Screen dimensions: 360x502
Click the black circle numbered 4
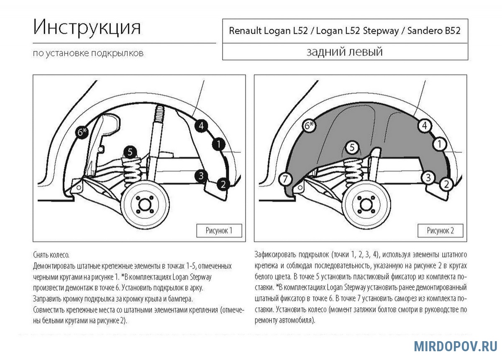[201, 125]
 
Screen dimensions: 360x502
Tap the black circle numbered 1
[218, 145]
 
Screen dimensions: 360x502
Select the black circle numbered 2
[223, 183]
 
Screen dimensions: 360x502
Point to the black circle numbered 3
[201, 176]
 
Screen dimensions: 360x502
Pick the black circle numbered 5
[130, 152]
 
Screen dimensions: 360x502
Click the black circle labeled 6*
[82, 133]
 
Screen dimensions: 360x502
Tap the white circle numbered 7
[285, 179]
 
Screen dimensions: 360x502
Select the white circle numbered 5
[352, 147]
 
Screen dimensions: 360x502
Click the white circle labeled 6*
[309, 125]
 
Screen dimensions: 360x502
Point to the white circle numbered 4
[424, 125]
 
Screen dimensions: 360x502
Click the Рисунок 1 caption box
[219, 231]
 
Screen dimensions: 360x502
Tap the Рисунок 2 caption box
[440, 231]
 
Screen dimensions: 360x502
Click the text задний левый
[345, 52]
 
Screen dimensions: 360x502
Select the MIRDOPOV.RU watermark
[456, 346]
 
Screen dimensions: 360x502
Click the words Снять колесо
[51, 255]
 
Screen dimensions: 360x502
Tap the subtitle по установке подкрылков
[88, 54]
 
